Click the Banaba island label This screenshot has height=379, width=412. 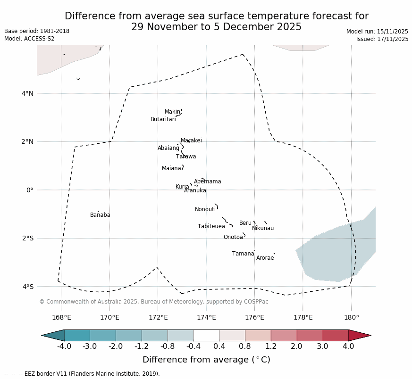pyautogui.click(x=100, y=215)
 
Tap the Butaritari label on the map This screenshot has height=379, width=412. pyautogui.click(x=163, y=119)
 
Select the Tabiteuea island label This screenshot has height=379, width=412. pyautogui.click(x=211, y=226)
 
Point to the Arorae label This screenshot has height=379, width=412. pyautogui.click(x=265, y=258)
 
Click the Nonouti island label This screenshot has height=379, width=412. pyautogui.click(x=205, y=209)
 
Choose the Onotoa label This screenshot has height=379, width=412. pyautogui.click(x=233, y=237)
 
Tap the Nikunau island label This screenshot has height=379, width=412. pyautogui.click(x=262, y=228)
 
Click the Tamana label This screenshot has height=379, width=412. pyautogui.click(x=243, y=254)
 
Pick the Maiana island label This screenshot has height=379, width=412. pyautogui.click(x=171, y=168)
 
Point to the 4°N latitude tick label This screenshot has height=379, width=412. pyautogui.click(x=27, y=93)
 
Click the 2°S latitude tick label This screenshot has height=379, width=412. pyautogui.click(x=27, y=238)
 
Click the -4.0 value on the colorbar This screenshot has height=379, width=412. pyautogui.click(x=64, y=346)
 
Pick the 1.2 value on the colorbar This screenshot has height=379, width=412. pyautogui.click(x=271, y=346)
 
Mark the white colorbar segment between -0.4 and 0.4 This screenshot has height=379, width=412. pyautogui.click(x=206, y=335)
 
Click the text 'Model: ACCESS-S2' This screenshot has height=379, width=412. pyautogui.click(x=29, y=39)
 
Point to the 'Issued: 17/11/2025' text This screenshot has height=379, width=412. pyautogui.click(x=382, y=39)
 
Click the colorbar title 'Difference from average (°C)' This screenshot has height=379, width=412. pyautogui.click(x=206, y=360)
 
